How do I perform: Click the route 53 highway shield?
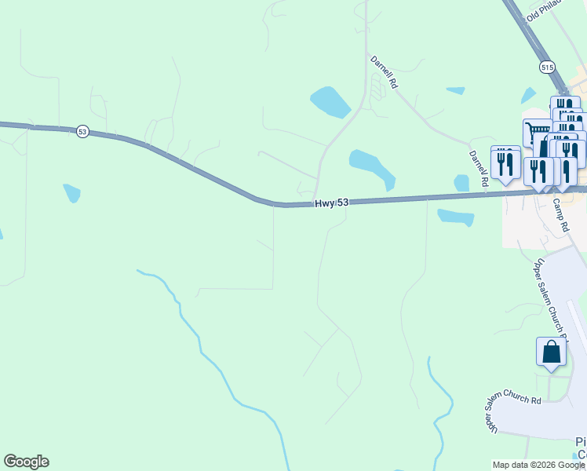pos(82,132)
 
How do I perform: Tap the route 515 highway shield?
pos(547,68)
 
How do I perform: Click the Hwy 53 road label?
pos(331,203)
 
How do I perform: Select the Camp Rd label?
pos(560,214)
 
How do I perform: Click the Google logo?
pos(26,462)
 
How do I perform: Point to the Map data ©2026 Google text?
pos(538,465)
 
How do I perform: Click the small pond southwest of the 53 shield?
pos(71,192)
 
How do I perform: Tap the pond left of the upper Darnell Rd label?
pos(330,101)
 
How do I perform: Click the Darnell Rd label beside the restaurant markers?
pos(478,168)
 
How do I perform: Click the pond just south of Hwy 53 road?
pos(456,217)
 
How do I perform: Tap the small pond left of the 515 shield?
pos(455,91)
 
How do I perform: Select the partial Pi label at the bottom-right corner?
pos(581,441)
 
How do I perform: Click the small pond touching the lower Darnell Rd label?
pos(461,183)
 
